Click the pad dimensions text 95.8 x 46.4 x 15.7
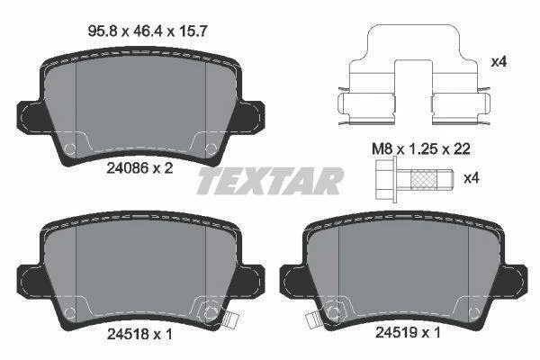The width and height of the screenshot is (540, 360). pyautogui.click(x=148, y=31)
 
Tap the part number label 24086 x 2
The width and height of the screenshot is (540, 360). pyautogui.click(x=139, y=168)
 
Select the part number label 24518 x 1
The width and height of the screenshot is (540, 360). pyautogui.click(x=139, y=334)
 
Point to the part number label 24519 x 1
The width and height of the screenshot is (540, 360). pyautogui.click(x=408, y=332)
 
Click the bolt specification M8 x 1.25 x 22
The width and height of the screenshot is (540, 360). pyautogui.click(x=421, y=149)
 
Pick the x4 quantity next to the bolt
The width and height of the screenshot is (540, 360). pyautogui.click(x=472, y=178)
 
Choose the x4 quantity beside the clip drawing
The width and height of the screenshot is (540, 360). pyautogui.click(x=499, y=62)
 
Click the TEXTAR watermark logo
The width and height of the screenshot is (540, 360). pyautogui.click(x=270, y=181)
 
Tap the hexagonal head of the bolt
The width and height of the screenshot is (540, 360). pyautogui.click(x=386, y=179)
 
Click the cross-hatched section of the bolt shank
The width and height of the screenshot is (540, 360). pyautogui.click(x=424, y=179)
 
